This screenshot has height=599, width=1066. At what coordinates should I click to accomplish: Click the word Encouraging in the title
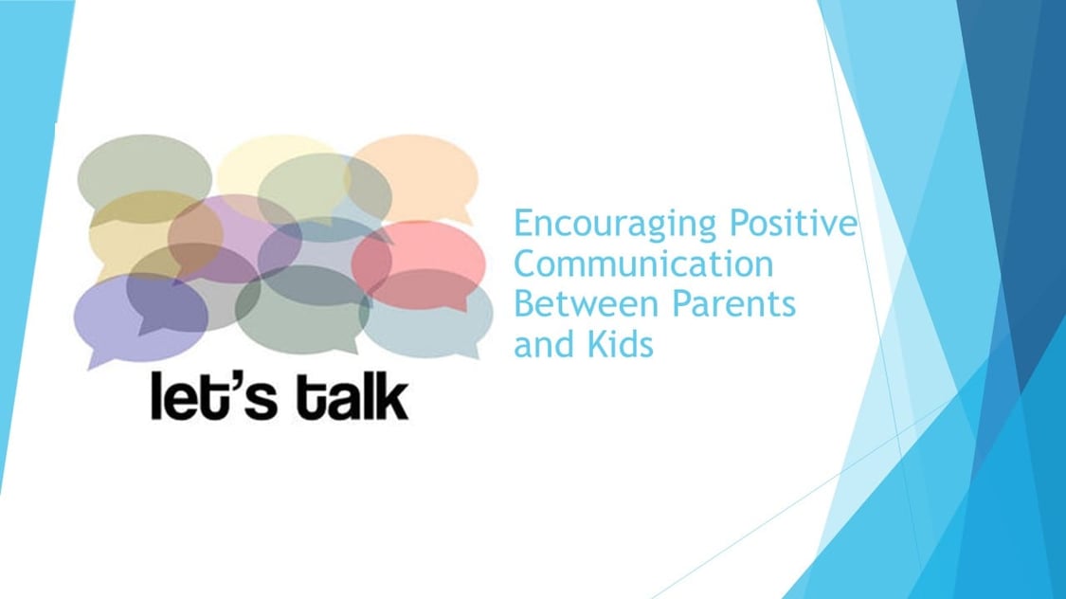pos(615,225)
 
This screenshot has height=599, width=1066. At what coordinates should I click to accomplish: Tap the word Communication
pos(643,263)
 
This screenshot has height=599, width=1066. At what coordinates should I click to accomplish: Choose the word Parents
pos(733,303)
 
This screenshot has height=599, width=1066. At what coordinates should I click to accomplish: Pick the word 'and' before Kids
pos(545,343)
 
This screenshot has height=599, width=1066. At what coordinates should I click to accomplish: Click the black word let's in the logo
pos(213,396)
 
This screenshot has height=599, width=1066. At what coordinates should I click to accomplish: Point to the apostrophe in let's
pos(230,382)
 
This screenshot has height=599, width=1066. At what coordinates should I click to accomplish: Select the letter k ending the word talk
pos(393,396)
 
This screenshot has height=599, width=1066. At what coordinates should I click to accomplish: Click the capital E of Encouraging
pos(523,223)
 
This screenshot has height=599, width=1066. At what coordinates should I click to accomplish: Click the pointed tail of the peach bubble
pos(469,219)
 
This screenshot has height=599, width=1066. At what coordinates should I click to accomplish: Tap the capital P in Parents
pos(681,303)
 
